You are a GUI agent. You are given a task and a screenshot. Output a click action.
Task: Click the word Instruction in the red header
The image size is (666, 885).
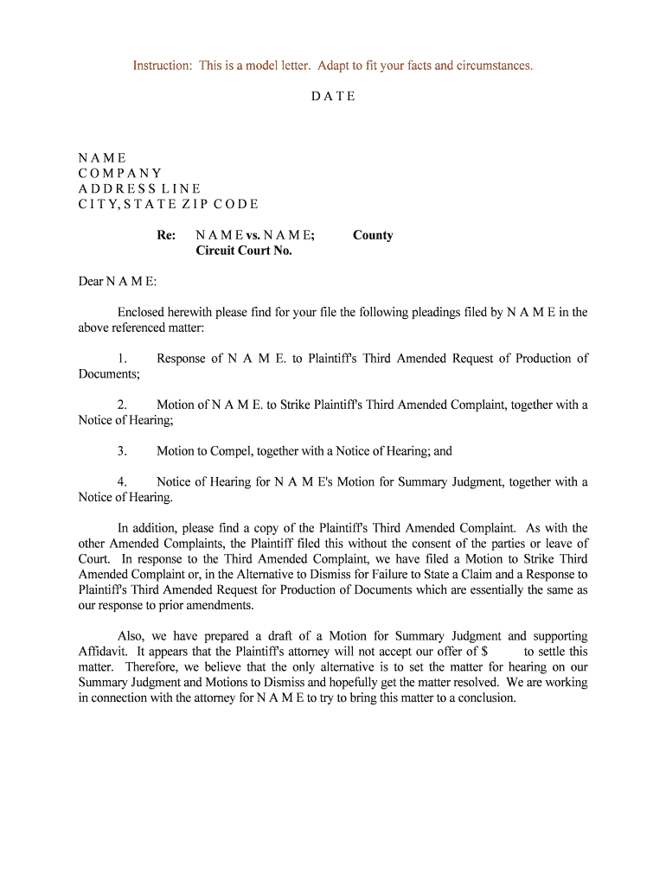click(x=162, y=66)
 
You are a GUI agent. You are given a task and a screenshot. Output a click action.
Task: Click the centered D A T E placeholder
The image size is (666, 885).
click(x=333, y=97)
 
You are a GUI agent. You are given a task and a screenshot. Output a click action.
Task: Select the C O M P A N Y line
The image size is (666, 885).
click(x=120, y=174)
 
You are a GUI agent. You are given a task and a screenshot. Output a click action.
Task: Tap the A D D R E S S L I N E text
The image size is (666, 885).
click(x=139, y=189)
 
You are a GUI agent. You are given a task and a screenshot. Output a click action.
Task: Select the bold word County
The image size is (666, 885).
click(x=373, y=235)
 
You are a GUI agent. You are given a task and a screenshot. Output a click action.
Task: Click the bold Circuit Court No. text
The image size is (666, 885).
click(x=244, y=251)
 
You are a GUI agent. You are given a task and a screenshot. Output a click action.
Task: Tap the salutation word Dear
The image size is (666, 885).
click(x=91, y=282)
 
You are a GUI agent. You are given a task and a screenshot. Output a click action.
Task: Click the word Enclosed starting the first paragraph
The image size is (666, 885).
click(x=144, y=313)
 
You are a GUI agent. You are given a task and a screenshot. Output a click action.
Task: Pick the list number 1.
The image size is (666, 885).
click(x=122, y=359)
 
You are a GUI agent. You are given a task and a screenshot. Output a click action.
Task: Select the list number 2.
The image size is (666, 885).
click(x=122, y=405)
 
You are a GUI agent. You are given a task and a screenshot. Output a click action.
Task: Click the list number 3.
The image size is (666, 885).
click(x=122, y=451)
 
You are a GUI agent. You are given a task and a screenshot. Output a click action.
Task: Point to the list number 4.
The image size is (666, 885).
click(x=122, y=482)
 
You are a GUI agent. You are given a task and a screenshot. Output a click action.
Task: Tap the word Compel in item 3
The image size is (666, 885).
click(x=225, y=451)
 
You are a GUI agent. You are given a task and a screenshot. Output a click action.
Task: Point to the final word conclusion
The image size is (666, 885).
click(x=486, y=698)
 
